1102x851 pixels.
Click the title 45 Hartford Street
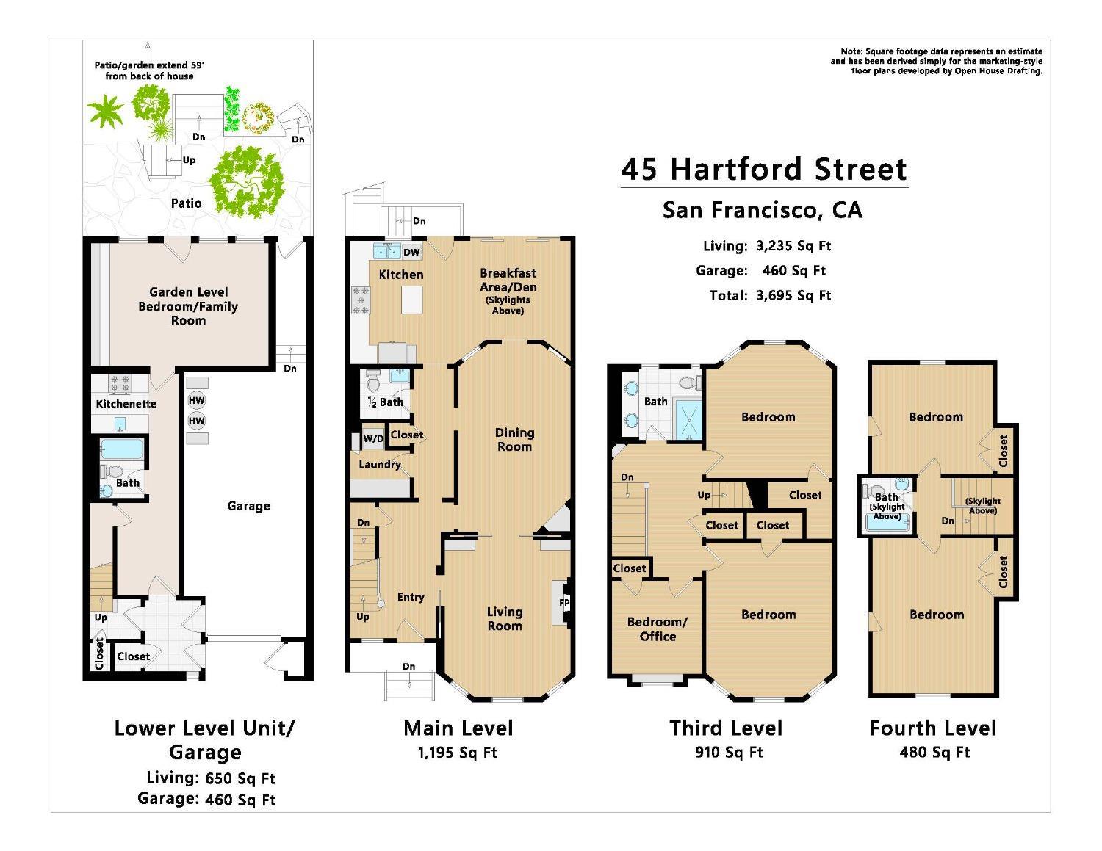click(x=764, y=170)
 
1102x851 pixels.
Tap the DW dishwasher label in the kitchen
click(x=411, y=253)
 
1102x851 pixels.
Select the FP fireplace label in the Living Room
click(x=564, y=603)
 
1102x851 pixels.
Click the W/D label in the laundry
click(x=373, y=439)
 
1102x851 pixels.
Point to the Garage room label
click(x=248, y=506)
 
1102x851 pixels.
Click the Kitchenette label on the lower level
click(x=126, y=404)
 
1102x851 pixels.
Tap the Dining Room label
click(x=514, y=440)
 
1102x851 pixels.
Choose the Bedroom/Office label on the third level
click(x=657, y=629)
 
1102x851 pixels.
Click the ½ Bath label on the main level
click(x=385, y=402)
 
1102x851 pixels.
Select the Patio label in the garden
click(x=186, y=203)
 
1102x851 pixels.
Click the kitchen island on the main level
click(x=413, y=300)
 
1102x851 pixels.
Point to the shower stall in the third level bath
click(x=688, y=419)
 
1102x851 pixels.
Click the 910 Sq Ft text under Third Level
click(x=728, y=753)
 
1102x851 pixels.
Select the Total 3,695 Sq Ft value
click(x=793, y=296)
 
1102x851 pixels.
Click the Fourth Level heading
click(x=932, y=728)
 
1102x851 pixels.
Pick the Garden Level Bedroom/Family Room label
click(x=188, y=306)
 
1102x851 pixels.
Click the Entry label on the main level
click(x=411, y=597)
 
